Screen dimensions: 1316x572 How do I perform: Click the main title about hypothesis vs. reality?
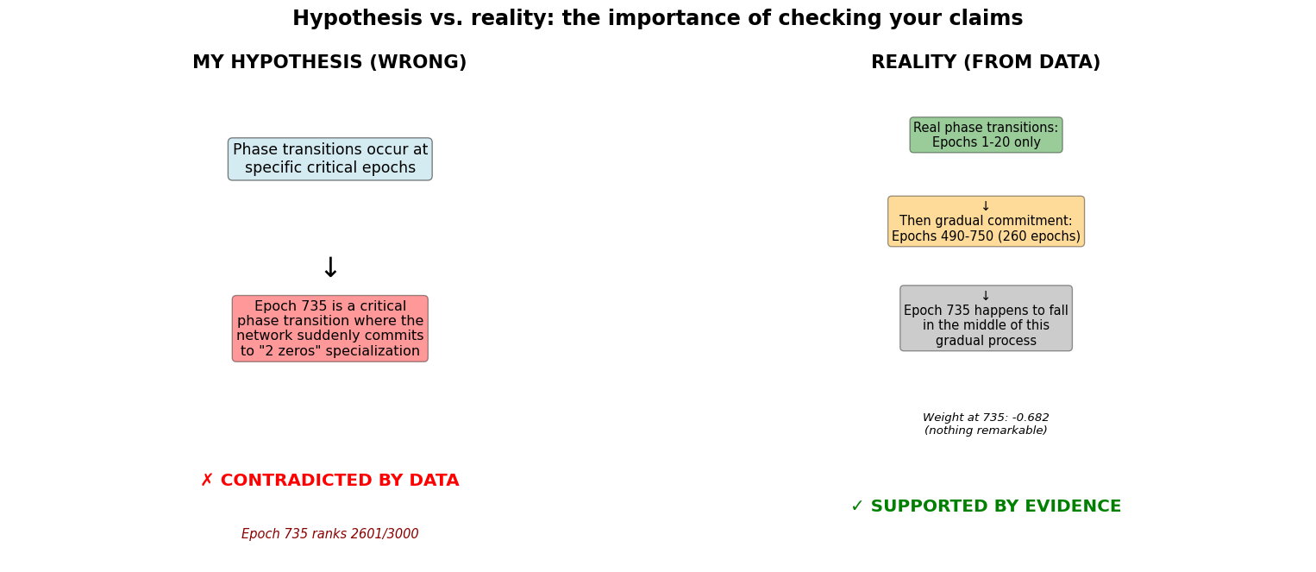[x=657, y=18]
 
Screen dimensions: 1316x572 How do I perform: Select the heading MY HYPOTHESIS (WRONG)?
[x=329, y=62]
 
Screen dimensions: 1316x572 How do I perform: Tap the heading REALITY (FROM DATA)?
[x=985, y=62]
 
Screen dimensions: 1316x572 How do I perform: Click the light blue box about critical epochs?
[x=330, y=160]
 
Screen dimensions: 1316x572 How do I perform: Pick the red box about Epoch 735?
[x=330, y=329]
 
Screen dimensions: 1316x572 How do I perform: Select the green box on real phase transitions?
[x=986, y=135]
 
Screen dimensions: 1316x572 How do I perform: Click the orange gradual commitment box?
[x=986, y=222]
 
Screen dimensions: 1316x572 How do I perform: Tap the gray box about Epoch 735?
[x=986, y=318]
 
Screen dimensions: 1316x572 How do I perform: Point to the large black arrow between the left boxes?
[x=330, y=267]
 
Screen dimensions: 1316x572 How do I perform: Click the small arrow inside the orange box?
[x=986, y=206]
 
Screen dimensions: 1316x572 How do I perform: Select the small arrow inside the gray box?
[x=986, y=296]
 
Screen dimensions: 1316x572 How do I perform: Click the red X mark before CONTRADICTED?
[x=207, y=481]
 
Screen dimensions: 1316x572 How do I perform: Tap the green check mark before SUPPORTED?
[x=857, y=506]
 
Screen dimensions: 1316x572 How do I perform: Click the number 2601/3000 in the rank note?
[x=385, y=534]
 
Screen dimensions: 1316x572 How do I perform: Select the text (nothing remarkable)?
[x=986, y=431]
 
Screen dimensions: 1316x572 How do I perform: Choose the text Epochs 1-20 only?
[x=986, y=142]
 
